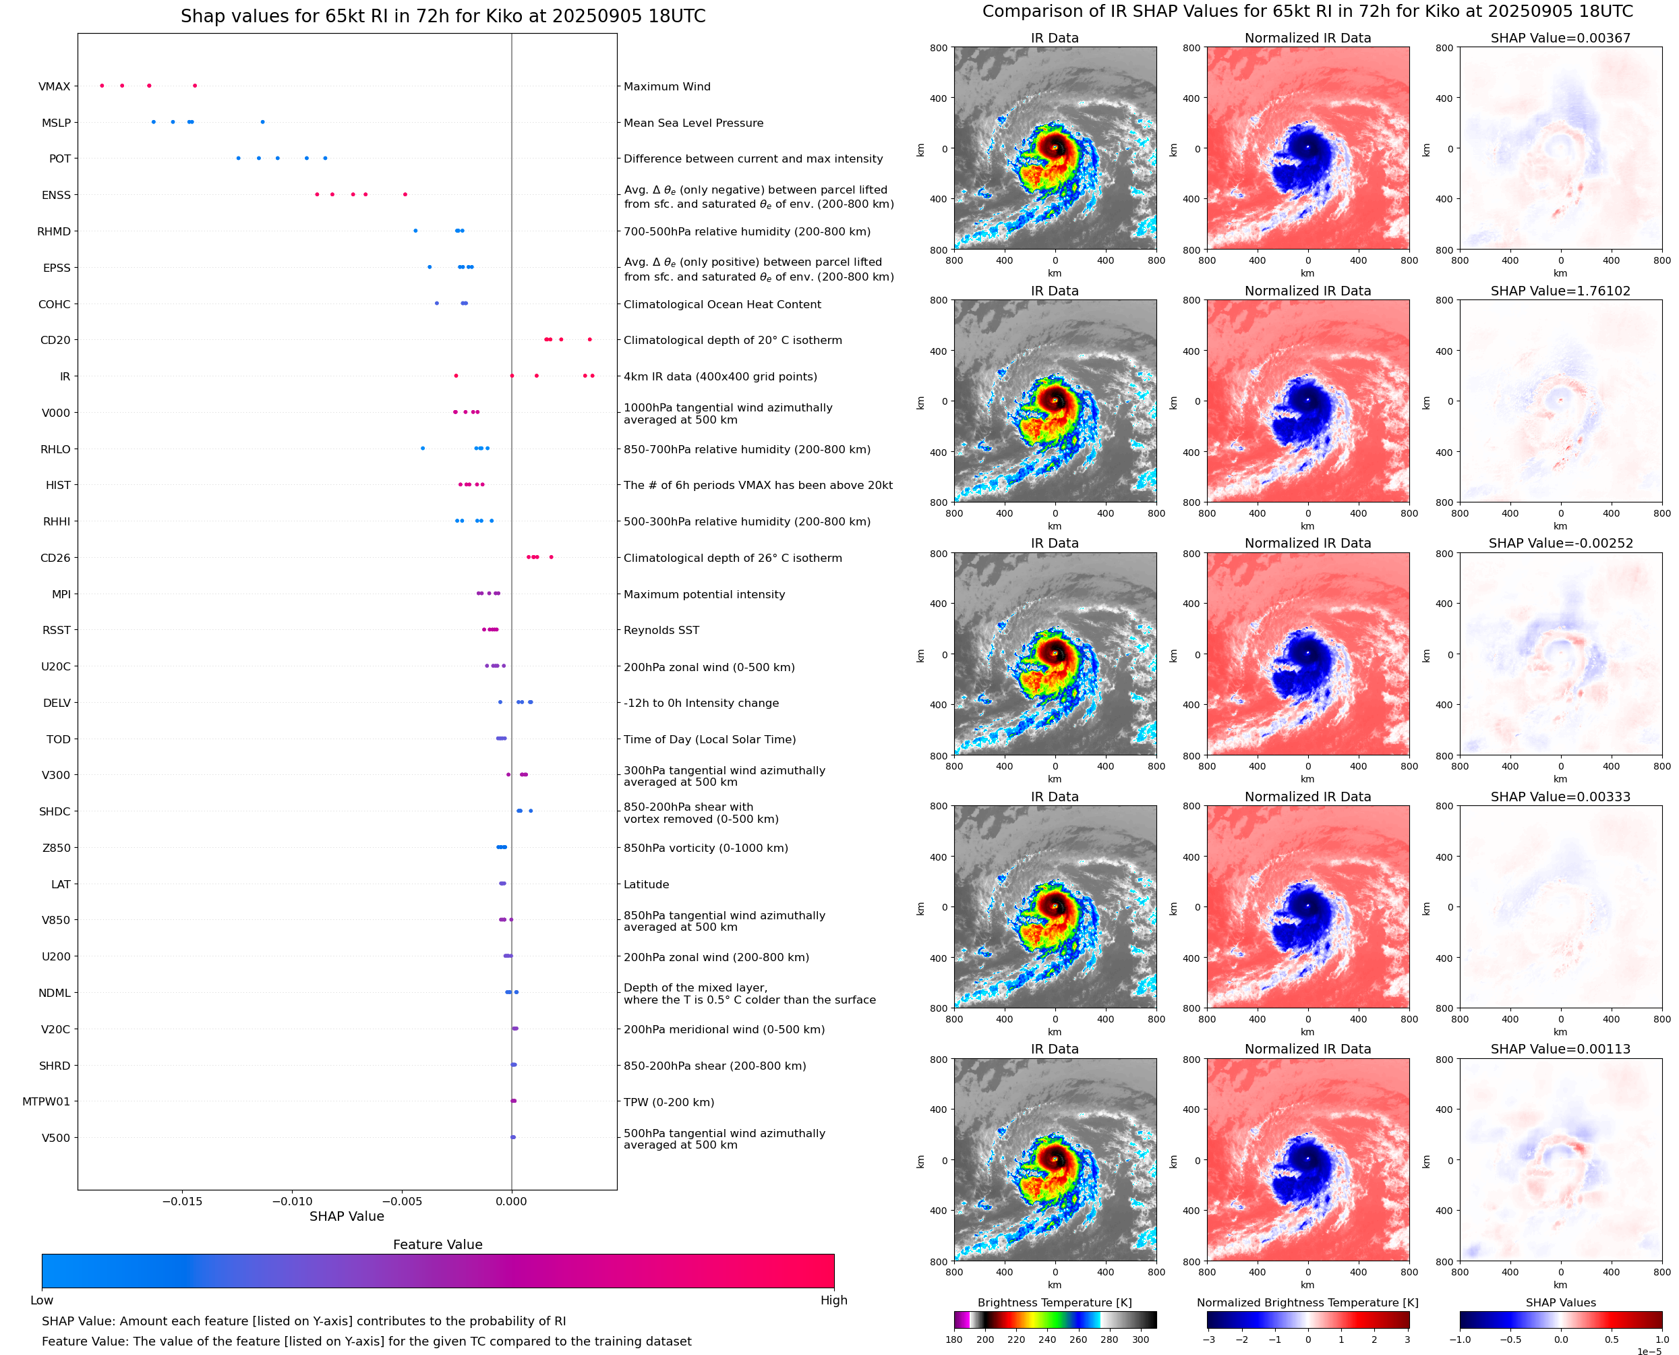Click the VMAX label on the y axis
click(54, 86)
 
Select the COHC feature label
click(54, 304)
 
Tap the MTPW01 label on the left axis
click(46, 1101)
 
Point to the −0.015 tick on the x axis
click(182, 1201)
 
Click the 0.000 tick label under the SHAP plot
click(511, 1201)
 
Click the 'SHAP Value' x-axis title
click(347, 1216)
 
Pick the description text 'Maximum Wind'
click(667, 86)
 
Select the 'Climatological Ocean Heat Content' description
click(721, 304)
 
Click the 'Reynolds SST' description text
click(661, 630)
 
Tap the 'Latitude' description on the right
click(646, 884)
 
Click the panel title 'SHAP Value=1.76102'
click(1560, 291)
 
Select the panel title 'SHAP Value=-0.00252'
click(1560, 543)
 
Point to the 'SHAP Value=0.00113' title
click(1560, 1049)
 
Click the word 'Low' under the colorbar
click(41, 1300)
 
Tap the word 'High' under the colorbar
click(833, 1300)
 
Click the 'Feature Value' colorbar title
click(438, 1244)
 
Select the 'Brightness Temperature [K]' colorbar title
click(1054, 1302)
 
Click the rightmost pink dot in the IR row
click(592, 376)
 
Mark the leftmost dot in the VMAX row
click(102, 86)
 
